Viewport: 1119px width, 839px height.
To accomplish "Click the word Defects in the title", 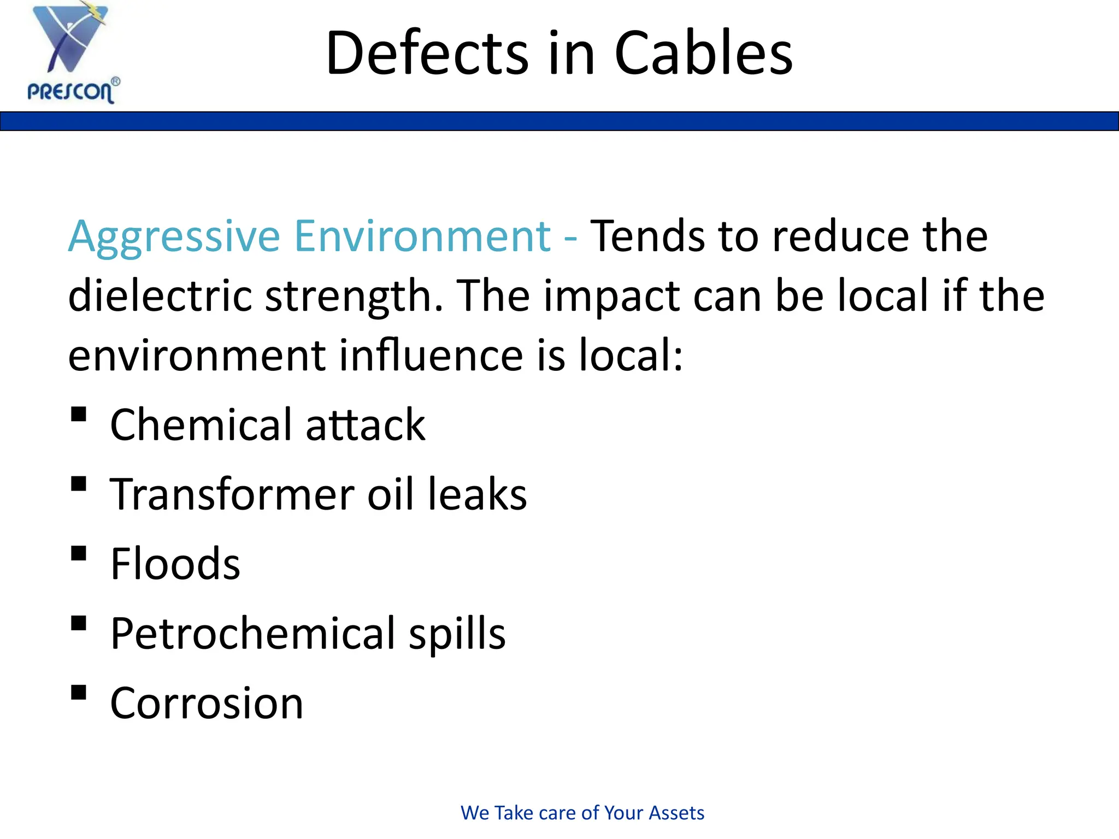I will pyautogui.click(x=427, y=54).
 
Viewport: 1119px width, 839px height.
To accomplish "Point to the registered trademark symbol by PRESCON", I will pyautogui.click(x=115, y=81).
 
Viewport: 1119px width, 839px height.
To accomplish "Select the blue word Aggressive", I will pyautogui.click(x=174, y=237).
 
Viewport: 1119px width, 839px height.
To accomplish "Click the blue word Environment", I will pyautogui.click(x=422, y=236).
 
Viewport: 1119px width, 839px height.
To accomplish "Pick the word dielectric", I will pyautogui.click(x=160, y=296).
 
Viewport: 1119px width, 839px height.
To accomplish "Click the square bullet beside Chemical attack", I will pyautogui.click(x=79, y=414).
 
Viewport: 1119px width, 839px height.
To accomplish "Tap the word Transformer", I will pyautogui.click(x=232, y=494).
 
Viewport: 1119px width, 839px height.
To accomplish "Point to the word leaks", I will pyautogui.click(x=477, y=494).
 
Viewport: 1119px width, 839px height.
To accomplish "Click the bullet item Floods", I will pyautogui.click(x=175, y=564).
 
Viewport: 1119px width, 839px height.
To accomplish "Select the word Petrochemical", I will pyautogui.click(x=253, y=633).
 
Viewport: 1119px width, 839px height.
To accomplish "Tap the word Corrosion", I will pyautogui.click(x=207, y=703).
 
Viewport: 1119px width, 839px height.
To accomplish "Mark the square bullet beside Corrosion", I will pyautogui.click(x=79, y=692).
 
